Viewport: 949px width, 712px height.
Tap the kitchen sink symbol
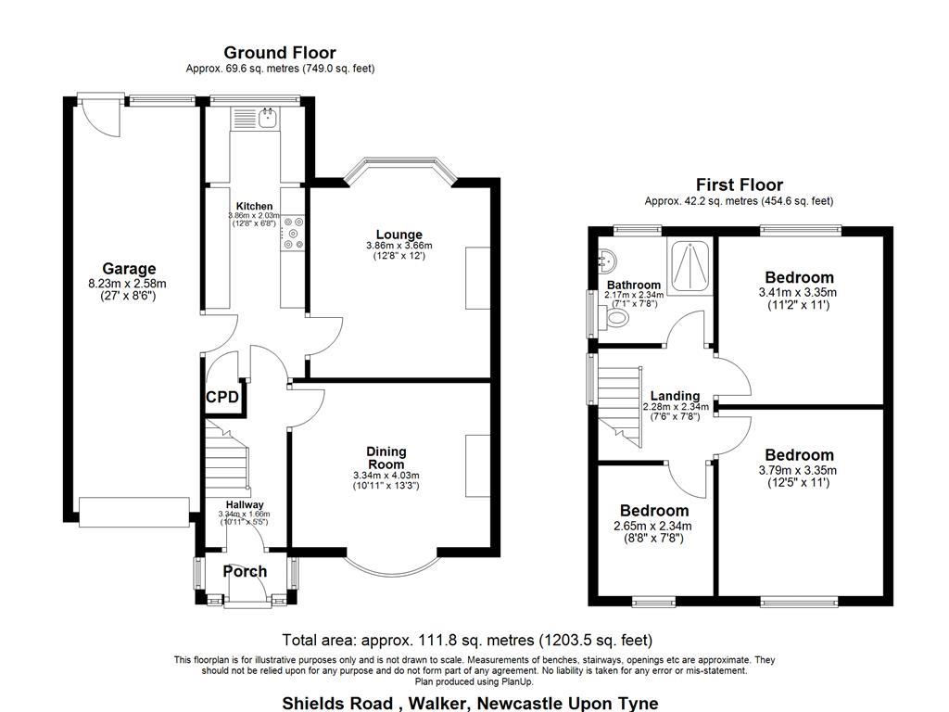point(267,118)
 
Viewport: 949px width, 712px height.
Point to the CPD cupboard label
point(222,398)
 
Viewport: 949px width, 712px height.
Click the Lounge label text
point(399,234)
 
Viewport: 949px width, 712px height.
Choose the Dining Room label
point(386,458)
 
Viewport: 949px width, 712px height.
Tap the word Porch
point(245,572)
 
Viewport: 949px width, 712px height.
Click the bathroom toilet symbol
point(614,319)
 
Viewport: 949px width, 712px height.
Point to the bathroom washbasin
point(607,259)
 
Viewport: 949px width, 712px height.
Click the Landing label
point(675,396)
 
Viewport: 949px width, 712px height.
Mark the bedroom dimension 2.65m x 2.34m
point(653,526)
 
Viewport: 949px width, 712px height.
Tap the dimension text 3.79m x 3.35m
point(798,470)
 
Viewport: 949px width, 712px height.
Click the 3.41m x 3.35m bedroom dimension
point(798,292)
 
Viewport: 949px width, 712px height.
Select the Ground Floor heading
point(280,53)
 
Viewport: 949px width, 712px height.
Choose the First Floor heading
point(739,185)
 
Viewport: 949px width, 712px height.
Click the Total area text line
point(467,640)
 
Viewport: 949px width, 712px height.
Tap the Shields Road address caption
point(471,703)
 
